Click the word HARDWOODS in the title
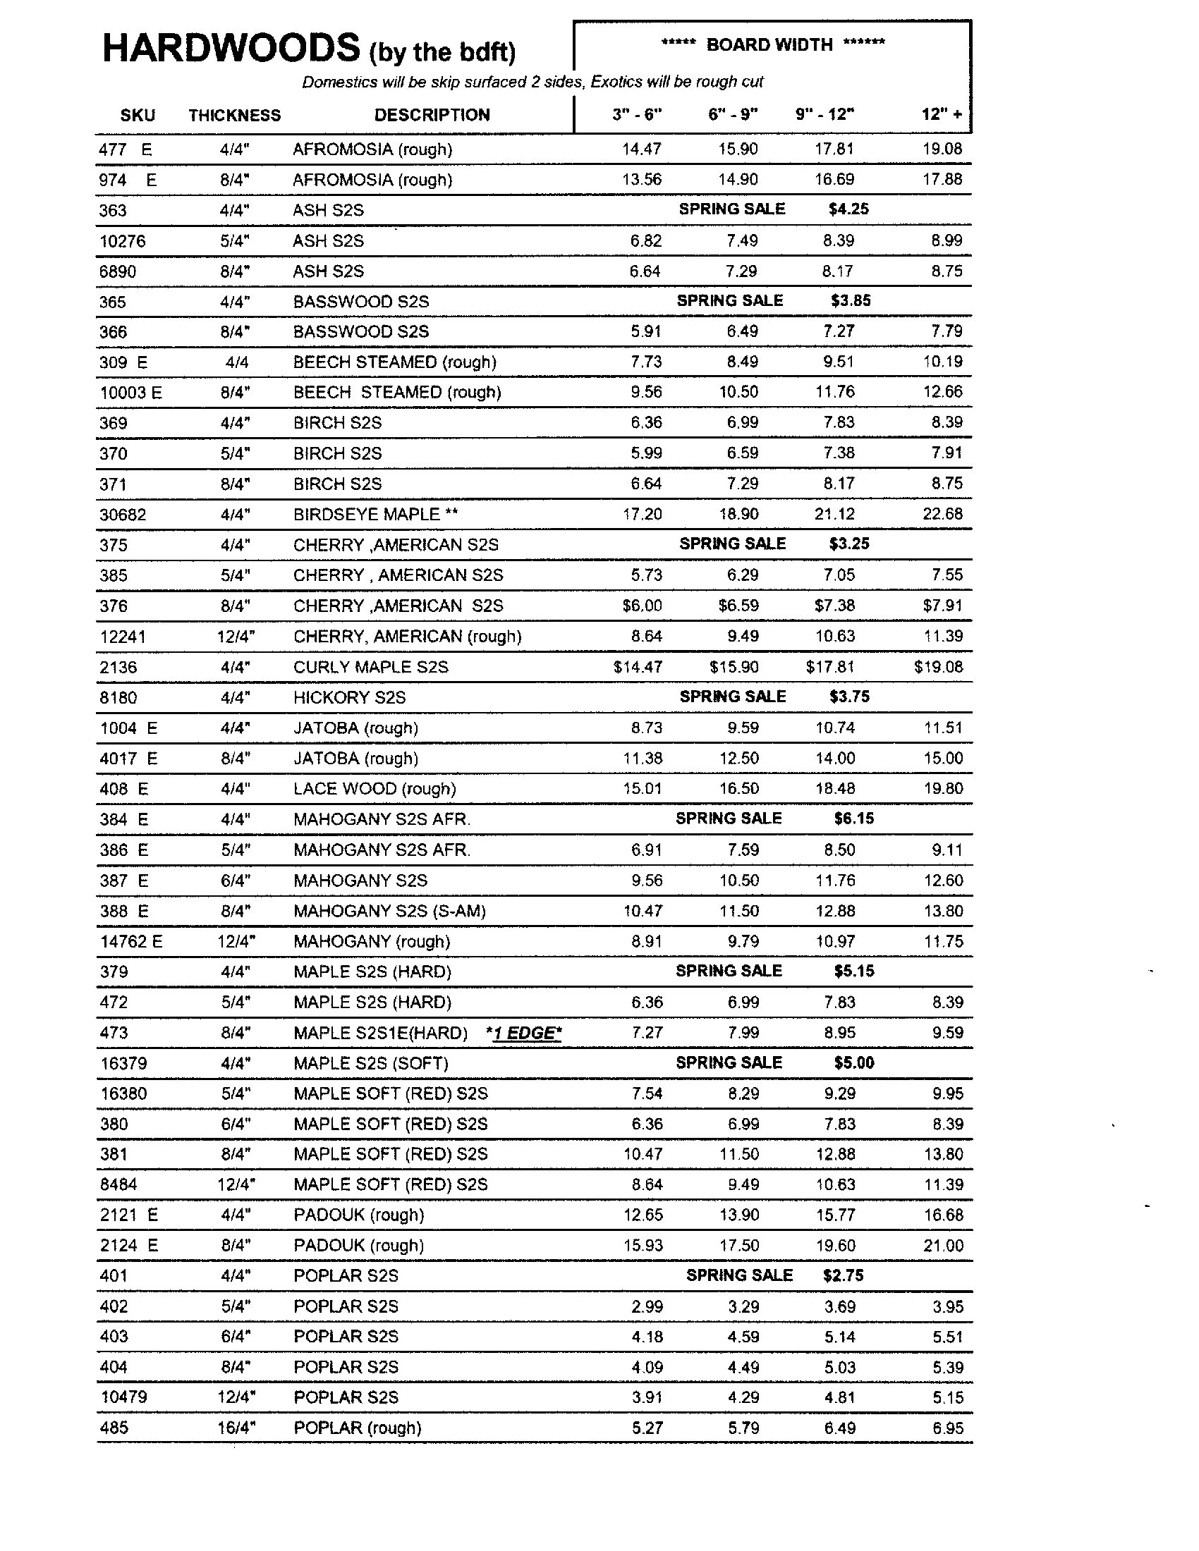click(231, 49)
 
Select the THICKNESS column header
click(234, 115)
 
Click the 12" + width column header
click(942, 114)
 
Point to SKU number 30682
click(123, 514)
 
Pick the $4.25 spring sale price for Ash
click(848, 209)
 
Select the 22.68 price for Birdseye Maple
click(942, 513)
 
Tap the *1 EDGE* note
click(524, 1033)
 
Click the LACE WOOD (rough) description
click(375, 788)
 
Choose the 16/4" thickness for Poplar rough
click(236, 1428)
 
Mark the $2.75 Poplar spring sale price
click(843, 1275)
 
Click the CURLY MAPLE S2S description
click(371, 667)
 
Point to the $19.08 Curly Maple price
click(938, 667)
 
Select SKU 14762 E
click(131, 941)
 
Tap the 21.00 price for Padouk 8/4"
click(943, 1245)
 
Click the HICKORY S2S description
click(349, 697)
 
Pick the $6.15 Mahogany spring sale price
click(854, 818)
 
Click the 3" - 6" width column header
click(637, 114)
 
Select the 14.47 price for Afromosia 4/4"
click(641, 149)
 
